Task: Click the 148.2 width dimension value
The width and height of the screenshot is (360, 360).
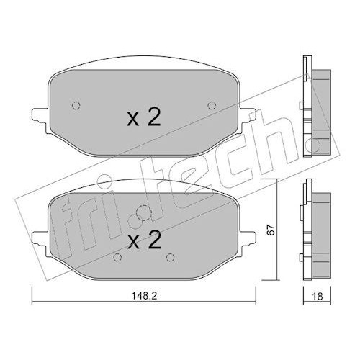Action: click(x=144, y=296)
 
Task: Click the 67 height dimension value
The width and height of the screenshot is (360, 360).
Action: click(x=271, y=230)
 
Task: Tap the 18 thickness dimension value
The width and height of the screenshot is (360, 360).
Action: click(x=318, y=297)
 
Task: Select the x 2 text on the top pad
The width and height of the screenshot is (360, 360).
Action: click(x=144, y=117)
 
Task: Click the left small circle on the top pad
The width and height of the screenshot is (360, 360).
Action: click(x=76, y=105)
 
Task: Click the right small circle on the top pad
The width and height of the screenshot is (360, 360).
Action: click(x=212, y=105)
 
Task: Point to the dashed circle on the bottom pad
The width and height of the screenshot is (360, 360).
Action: click(x=143, y=213)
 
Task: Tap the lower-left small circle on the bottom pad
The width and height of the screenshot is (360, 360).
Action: click(x=117, y=257)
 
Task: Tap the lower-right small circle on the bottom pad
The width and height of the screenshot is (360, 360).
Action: click(x=170, y=257)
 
